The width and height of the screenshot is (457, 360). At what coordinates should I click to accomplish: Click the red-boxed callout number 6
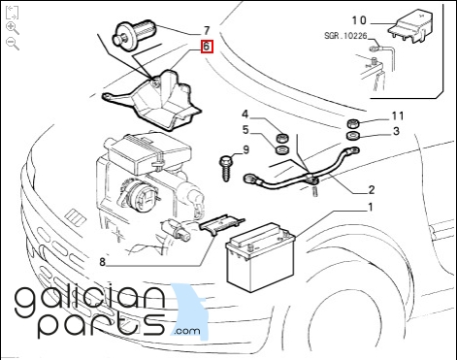pos(207,47)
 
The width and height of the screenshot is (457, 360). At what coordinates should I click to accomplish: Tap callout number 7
pos(207,31)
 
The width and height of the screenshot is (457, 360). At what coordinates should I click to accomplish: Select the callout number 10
pos(359,20)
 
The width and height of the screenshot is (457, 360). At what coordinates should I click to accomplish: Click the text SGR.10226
pos(345,36)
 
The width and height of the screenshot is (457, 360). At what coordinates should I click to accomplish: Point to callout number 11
pos(398,115)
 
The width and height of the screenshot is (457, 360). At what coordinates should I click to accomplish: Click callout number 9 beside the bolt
pos(245,150)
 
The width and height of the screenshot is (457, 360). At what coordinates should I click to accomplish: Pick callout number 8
pos(102,261)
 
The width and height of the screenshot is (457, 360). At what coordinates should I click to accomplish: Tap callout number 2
pos(372,189)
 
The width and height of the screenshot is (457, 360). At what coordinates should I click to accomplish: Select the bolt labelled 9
pos(226,168)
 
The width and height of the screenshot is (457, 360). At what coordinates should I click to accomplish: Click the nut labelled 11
pos(353,123)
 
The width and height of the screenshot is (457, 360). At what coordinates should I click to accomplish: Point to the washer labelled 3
pos(353,136)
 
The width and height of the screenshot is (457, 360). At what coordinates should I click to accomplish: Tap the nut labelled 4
pos(283,138)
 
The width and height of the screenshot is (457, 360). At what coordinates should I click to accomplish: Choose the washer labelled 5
pos(283,149)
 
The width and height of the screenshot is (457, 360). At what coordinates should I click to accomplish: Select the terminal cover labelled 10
pos(410,26)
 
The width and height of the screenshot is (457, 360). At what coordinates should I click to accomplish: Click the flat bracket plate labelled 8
pos(222,225)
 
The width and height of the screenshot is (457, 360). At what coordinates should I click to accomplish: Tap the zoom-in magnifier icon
pos(13,28)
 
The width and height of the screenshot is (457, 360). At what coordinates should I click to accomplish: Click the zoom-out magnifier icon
pos(13,44)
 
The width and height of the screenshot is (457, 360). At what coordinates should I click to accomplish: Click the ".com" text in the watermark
pos(187,331)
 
